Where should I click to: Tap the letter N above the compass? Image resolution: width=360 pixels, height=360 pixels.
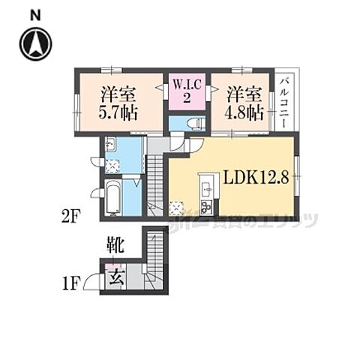pos(35,14)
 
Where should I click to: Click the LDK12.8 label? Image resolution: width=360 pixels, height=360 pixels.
pos(256,178)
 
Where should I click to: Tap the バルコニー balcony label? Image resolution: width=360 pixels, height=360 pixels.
pos(286,102)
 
